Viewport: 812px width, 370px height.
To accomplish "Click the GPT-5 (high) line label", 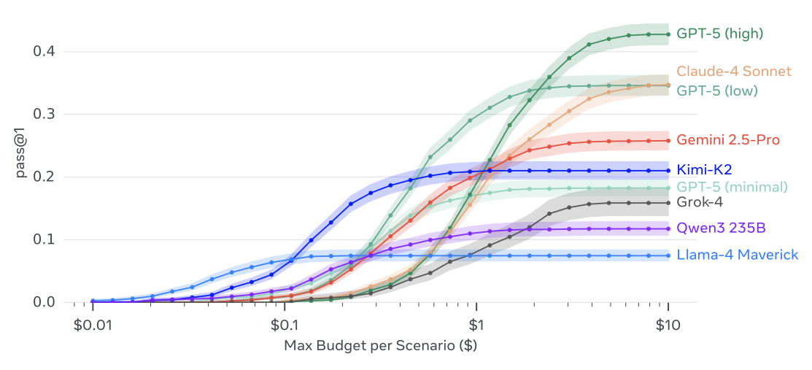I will click(x=719, y=34).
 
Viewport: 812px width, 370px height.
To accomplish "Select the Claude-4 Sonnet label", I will click(x=733, y=72).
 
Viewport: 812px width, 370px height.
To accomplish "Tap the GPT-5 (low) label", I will click(x=716, y=90).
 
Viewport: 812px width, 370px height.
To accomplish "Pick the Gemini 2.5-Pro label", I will click(x=727, y=139).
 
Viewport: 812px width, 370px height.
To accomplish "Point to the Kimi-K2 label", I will click(x=705, y=170).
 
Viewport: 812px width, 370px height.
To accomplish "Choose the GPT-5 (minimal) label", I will click(x=732, y=187).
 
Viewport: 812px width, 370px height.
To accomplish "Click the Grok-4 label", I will click(x=700, y=202).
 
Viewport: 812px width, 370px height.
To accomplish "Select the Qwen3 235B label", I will click(x=721, y=228).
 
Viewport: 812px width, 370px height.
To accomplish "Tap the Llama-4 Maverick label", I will click(x=737, y=255).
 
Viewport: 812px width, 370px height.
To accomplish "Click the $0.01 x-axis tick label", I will click(x=93, y=324).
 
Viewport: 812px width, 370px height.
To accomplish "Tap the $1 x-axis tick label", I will click(x=476, y=324).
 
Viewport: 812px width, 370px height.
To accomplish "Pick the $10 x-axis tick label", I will click(x=668, y=324).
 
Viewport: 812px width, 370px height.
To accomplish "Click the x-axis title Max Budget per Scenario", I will click(x=380, y=345).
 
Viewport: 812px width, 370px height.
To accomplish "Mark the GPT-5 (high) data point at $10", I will click(x=668, y=34).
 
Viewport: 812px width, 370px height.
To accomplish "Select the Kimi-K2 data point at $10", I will click(x=668, y=171).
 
